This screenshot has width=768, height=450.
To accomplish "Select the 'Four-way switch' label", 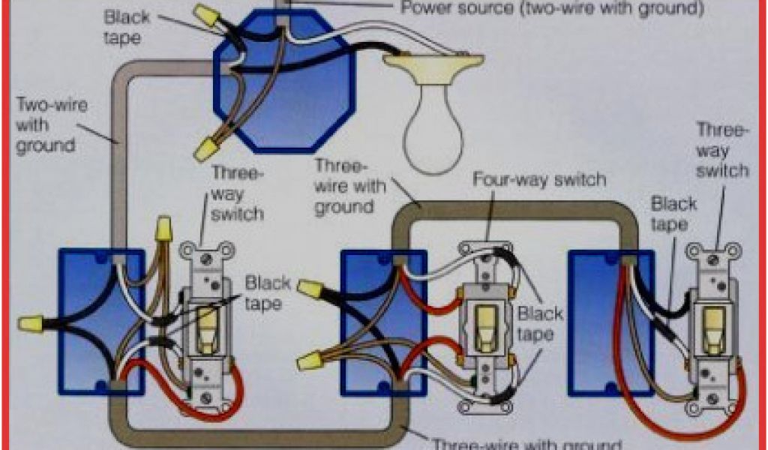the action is (538, 180).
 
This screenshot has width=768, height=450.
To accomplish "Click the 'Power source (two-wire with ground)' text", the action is (553, 8).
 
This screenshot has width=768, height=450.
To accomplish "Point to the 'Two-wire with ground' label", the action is (51, 124).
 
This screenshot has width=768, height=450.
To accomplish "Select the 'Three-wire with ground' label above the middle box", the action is (349, 186).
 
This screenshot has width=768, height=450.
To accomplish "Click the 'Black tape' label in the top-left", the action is (127, 26).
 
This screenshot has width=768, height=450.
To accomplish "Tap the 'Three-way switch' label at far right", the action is (722, 150).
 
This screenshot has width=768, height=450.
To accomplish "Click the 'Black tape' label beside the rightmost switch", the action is (673, 214).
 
